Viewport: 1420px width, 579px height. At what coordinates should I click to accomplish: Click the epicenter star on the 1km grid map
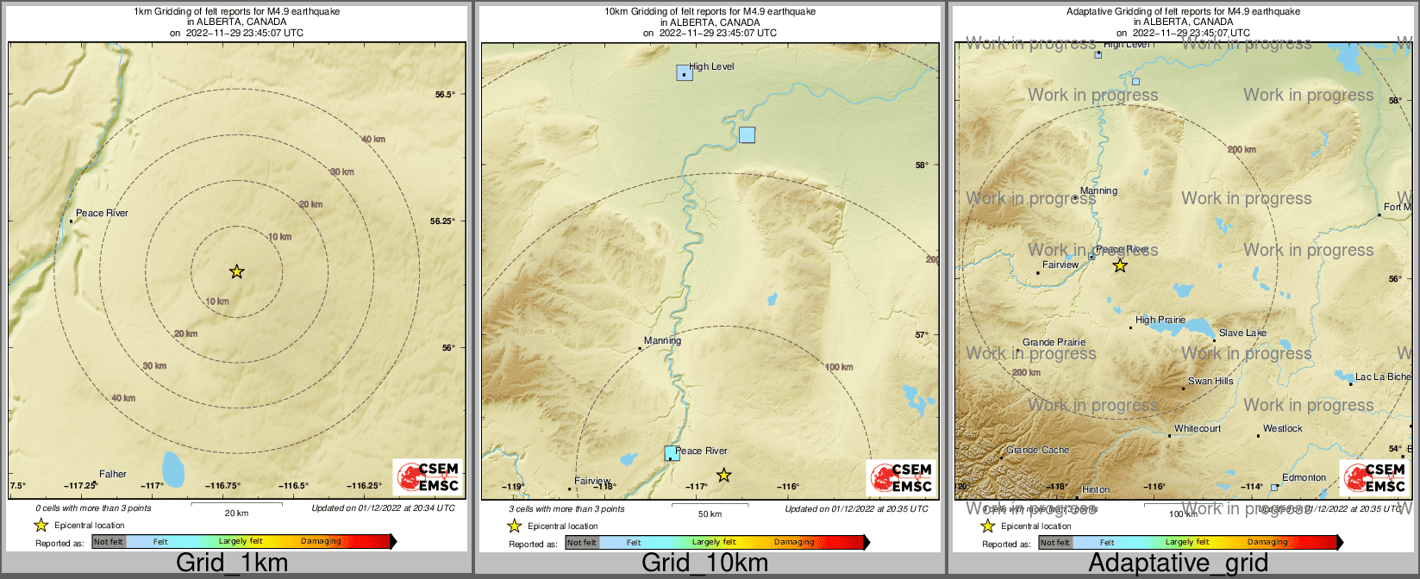237,272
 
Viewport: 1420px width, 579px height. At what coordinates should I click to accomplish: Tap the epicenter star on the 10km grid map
724,475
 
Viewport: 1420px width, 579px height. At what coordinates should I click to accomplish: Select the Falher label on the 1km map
113,474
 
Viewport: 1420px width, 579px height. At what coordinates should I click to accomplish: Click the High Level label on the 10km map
711,66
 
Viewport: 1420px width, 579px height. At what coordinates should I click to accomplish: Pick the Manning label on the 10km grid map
662,340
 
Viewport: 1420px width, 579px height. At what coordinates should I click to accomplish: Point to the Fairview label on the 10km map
592,481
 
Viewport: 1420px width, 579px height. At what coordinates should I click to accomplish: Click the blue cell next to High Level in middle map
685,72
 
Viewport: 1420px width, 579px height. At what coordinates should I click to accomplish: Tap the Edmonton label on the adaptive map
1304,477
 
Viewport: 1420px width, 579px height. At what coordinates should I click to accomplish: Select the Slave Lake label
1242,333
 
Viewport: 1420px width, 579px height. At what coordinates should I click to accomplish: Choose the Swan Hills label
1210,381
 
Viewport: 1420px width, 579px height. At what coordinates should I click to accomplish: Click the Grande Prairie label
1054,342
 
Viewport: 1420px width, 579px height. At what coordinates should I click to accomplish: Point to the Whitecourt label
1198,428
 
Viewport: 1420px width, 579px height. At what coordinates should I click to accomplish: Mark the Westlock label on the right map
1283,428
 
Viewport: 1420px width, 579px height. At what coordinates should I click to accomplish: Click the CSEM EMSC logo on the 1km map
429,477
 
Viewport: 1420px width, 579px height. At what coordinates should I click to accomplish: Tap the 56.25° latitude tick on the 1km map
442,221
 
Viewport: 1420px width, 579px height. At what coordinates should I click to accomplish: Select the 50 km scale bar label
710,514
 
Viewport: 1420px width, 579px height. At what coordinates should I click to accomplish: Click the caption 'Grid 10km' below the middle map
704,563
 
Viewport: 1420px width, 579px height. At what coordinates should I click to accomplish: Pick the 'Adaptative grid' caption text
1178,563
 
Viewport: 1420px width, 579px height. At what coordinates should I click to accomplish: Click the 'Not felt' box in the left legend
109,542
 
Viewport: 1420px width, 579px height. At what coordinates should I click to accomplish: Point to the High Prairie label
1160,320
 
